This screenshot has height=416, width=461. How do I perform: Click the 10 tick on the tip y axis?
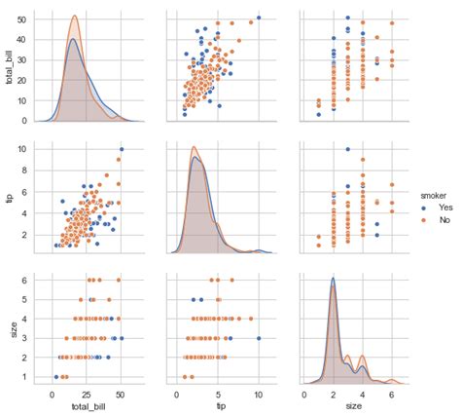click(22, 149)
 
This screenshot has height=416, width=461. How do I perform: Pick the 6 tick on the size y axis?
click(25, 280)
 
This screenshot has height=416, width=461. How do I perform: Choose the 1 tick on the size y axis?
click(25, 376)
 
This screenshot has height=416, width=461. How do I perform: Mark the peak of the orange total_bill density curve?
click(75, 17)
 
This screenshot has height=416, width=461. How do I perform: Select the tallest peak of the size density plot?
click(333, 279)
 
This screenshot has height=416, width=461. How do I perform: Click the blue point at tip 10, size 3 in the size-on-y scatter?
click(259, 338)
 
